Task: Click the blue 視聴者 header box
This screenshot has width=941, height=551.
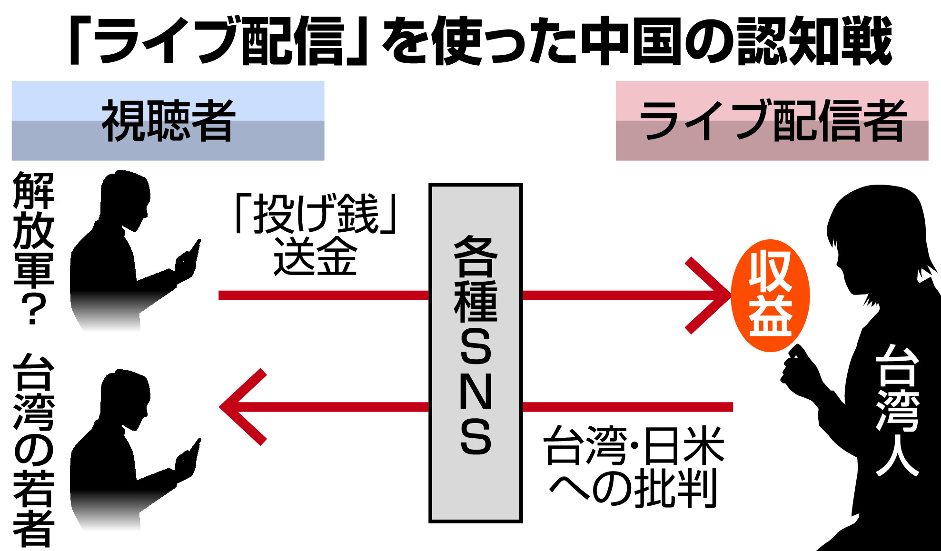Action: click(x=168, y=120)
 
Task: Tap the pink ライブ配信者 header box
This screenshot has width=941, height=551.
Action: click(x=772, y=120)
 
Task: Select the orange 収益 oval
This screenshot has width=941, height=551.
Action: click(x=770, y=295)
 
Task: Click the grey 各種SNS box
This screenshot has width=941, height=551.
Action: click(x=475, y=353)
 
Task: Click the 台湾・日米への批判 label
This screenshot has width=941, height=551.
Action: click(x=634, y=466)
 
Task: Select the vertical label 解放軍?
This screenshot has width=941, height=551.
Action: click(x=33, y=247)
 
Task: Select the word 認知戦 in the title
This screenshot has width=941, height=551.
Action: click(x=814, y=40)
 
